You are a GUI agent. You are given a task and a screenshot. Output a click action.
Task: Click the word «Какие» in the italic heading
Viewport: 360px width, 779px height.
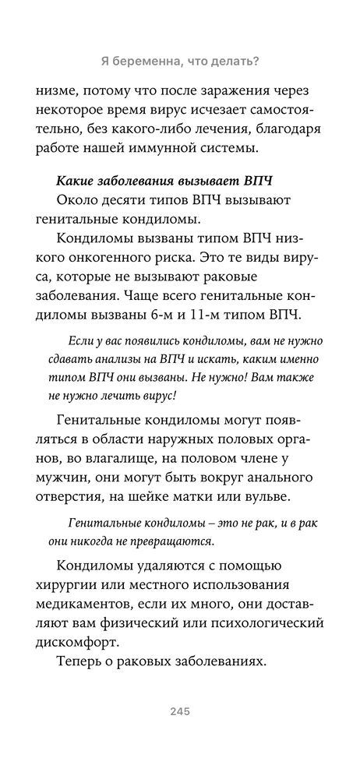coord(77,181)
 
